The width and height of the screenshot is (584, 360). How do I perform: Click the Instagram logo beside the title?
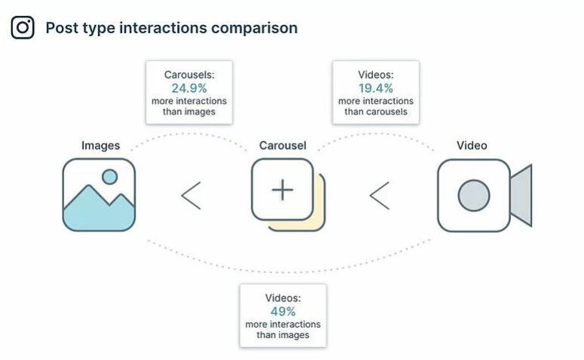pyautogui.click(x=23, y=28)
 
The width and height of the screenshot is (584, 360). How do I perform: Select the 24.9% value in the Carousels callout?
pyautogui.click(x=188, y=88)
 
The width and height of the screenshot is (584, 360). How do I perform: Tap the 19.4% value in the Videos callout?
pyautogui.click(x=375, y=88)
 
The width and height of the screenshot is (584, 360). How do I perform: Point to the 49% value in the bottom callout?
pyautogui.click(x=283, y=311)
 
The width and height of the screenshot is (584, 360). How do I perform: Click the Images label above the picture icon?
pyautogui.click(x=100, y=145)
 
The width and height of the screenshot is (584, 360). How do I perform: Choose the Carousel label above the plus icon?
pyautogui.click(x=283, y=145)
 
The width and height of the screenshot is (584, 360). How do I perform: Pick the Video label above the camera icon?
pyautogui.click(x=472, y=145)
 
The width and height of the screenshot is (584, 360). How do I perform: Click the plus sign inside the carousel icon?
pyautogui.click(x=283, y=190)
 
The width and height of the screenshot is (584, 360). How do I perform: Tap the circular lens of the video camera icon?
pyautogui.click(x=473, y=195)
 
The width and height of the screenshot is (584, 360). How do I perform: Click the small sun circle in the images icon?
pyautogui.click(x=110, y=177)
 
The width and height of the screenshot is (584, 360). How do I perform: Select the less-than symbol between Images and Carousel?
pyautogui.click(x=191, y=196)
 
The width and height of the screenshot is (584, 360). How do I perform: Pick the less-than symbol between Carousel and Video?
pyautogui.click(x=379, y=196)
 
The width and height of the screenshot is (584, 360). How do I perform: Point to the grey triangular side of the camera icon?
pyautogui.click(x=521, y=195)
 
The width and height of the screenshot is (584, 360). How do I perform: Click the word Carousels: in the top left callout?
pyautogui.click(x=188, y=75)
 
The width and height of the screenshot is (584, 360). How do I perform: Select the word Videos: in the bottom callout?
pyautogui.click(x=283, y=298)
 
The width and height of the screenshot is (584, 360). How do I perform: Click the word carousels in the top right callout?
pyautogui.click(x=387, y=111)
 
